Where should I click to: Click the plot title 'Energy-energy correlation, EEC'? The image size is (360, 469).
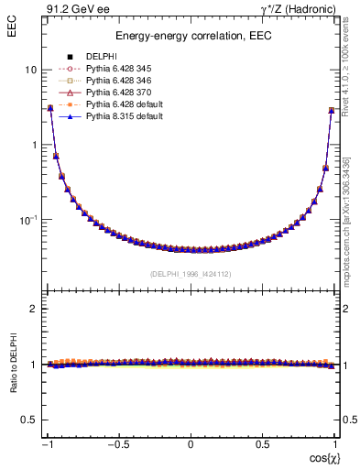coord(191,37)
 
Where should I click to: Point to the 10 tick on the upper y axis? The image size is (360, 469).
coord(30,71)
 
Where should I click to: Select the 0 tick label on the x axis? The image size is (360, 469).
coord(191,443)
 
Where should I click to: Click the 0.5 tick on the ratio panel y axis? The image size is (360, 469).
coord(29,420)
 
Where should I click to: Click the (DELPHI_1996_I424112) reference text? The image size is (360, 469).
coord(191,274)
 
